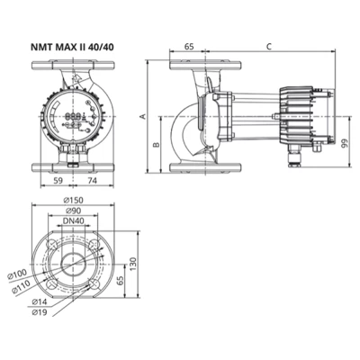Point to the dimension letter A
tap(141, 115)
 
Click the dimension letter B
tap(156, 143)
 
